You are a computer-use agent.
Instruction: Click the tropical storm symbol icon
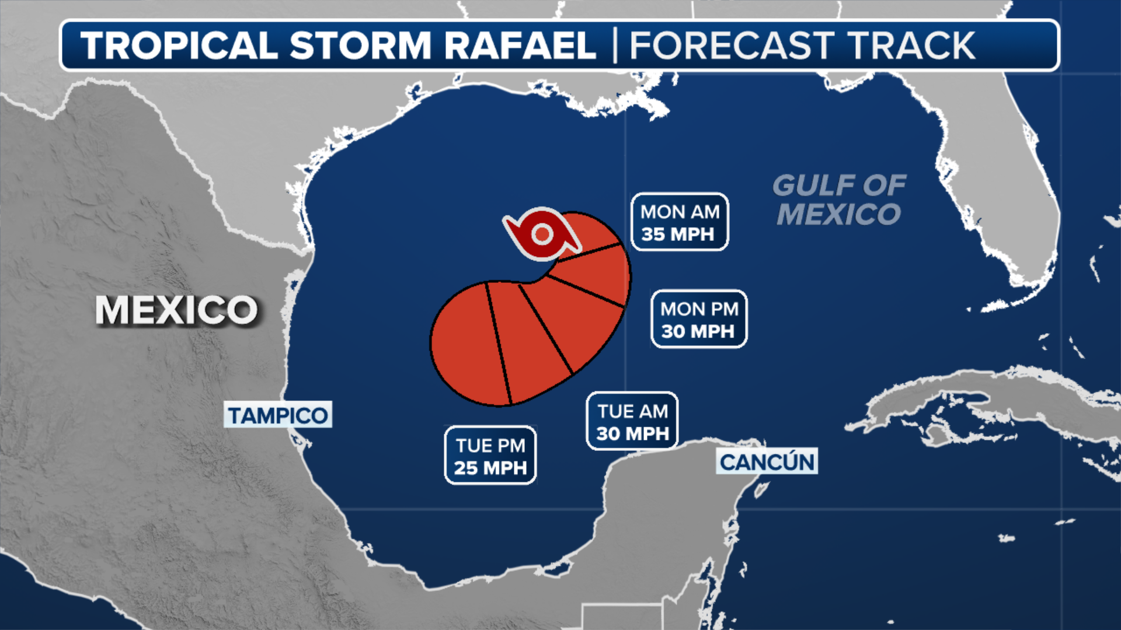click(x=542, y=235)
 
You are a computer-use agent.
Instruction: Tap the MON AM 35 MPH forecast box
click(x=680, y=222)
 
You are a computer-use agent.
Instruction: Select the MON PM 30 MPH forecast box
click(x=699, y=320)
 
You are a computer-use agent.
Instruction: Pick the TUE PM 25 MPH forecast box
click(x=490, y=456)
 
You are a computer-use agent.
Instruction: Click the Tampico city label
click(x=278, y=415)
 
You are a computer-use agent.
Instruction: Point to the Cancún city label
click(x=767, y=462)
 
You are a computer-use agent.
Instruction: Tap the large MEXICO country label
click(x=177, y=310)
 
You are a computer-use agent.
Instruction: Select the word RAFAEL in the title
click(x=520, y=45)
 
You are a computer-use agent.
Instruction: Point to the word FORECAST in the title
click(x=732, y=45)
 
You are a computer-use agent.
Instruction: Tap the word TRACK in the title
click(x=911, y=45)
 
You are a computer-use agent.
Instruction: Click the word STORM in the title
click(x=360, y=45)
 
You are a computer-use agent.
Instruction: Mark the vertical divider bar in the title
click(x=615, y=45)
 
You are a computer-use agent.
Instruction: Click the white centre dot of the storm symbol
click(x=542, y=235)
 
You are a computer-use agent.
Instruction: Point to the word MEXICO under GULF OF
click(x=839, y=214)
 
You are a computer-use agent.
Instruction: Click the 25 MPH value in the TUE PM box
click(x=490, y=468)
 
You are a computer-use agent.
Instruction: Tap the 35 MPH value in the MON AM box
click(x=678, y=235)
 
